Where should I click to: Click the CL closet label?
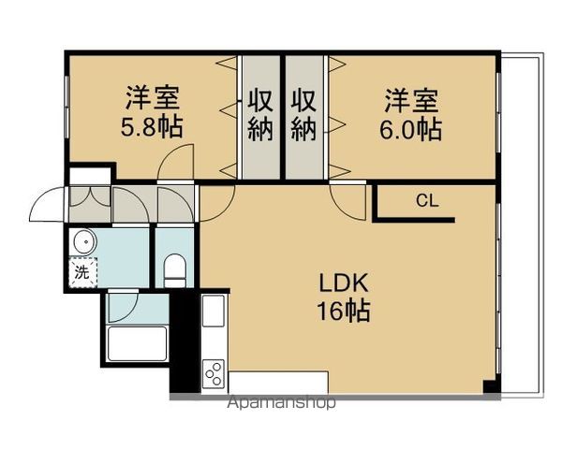[x=426, y=199]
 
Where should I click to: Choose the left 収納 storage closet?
[x=259, y=115]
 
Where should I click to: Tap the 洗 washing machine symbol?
[x=81, y=274]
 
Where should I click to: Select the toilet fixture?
[x=175, y=272]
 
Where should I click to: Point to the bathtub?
[x=137, y=343]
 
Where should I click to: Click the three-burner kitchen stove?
[x=213, y=372]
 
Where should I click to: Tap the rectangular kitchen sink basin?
[x=212, y=311]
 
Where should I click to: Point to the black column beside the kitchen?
[x=185, y=341]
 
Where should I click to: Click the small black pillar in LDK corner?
[x=488, y=385]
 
